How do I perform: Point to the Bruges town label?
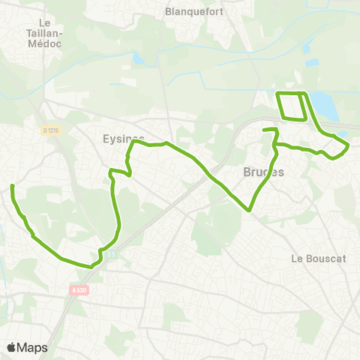pos(264,172)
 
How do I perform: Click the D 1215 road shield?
pos(51,130)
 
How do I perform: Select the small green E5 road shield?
pos(111,253)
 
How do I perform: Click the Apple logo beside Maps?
pos(12,347)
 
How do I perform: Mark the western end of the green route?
pos(13,185)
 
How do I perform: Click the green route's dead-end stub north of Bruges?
pos(264,131)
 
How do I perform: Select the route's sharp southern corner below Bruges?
pos(249,211)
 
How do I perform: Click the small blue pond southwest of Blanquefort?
pos(137,58)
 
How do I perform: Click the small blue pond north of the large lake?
pos(306,49)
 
